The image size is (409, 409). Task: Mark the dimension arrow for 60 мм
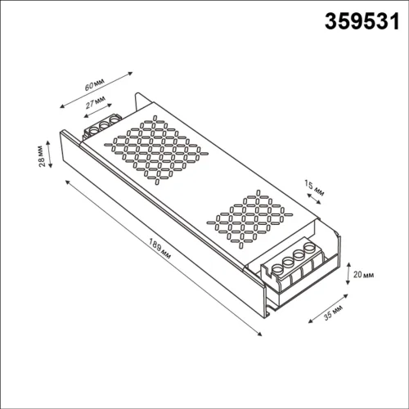click(97, 89)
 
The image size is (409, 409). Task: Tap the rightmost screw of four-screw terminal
click(310, 248)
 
